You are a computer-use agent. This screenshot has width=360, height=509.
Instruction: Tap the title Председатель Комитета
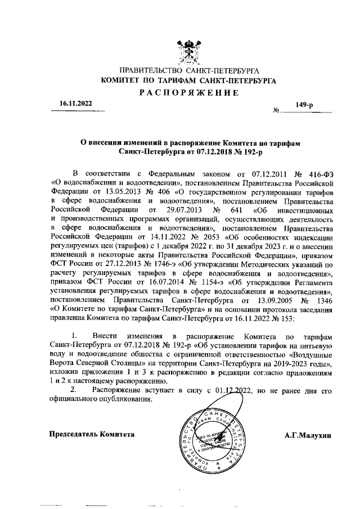[92, 435]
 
